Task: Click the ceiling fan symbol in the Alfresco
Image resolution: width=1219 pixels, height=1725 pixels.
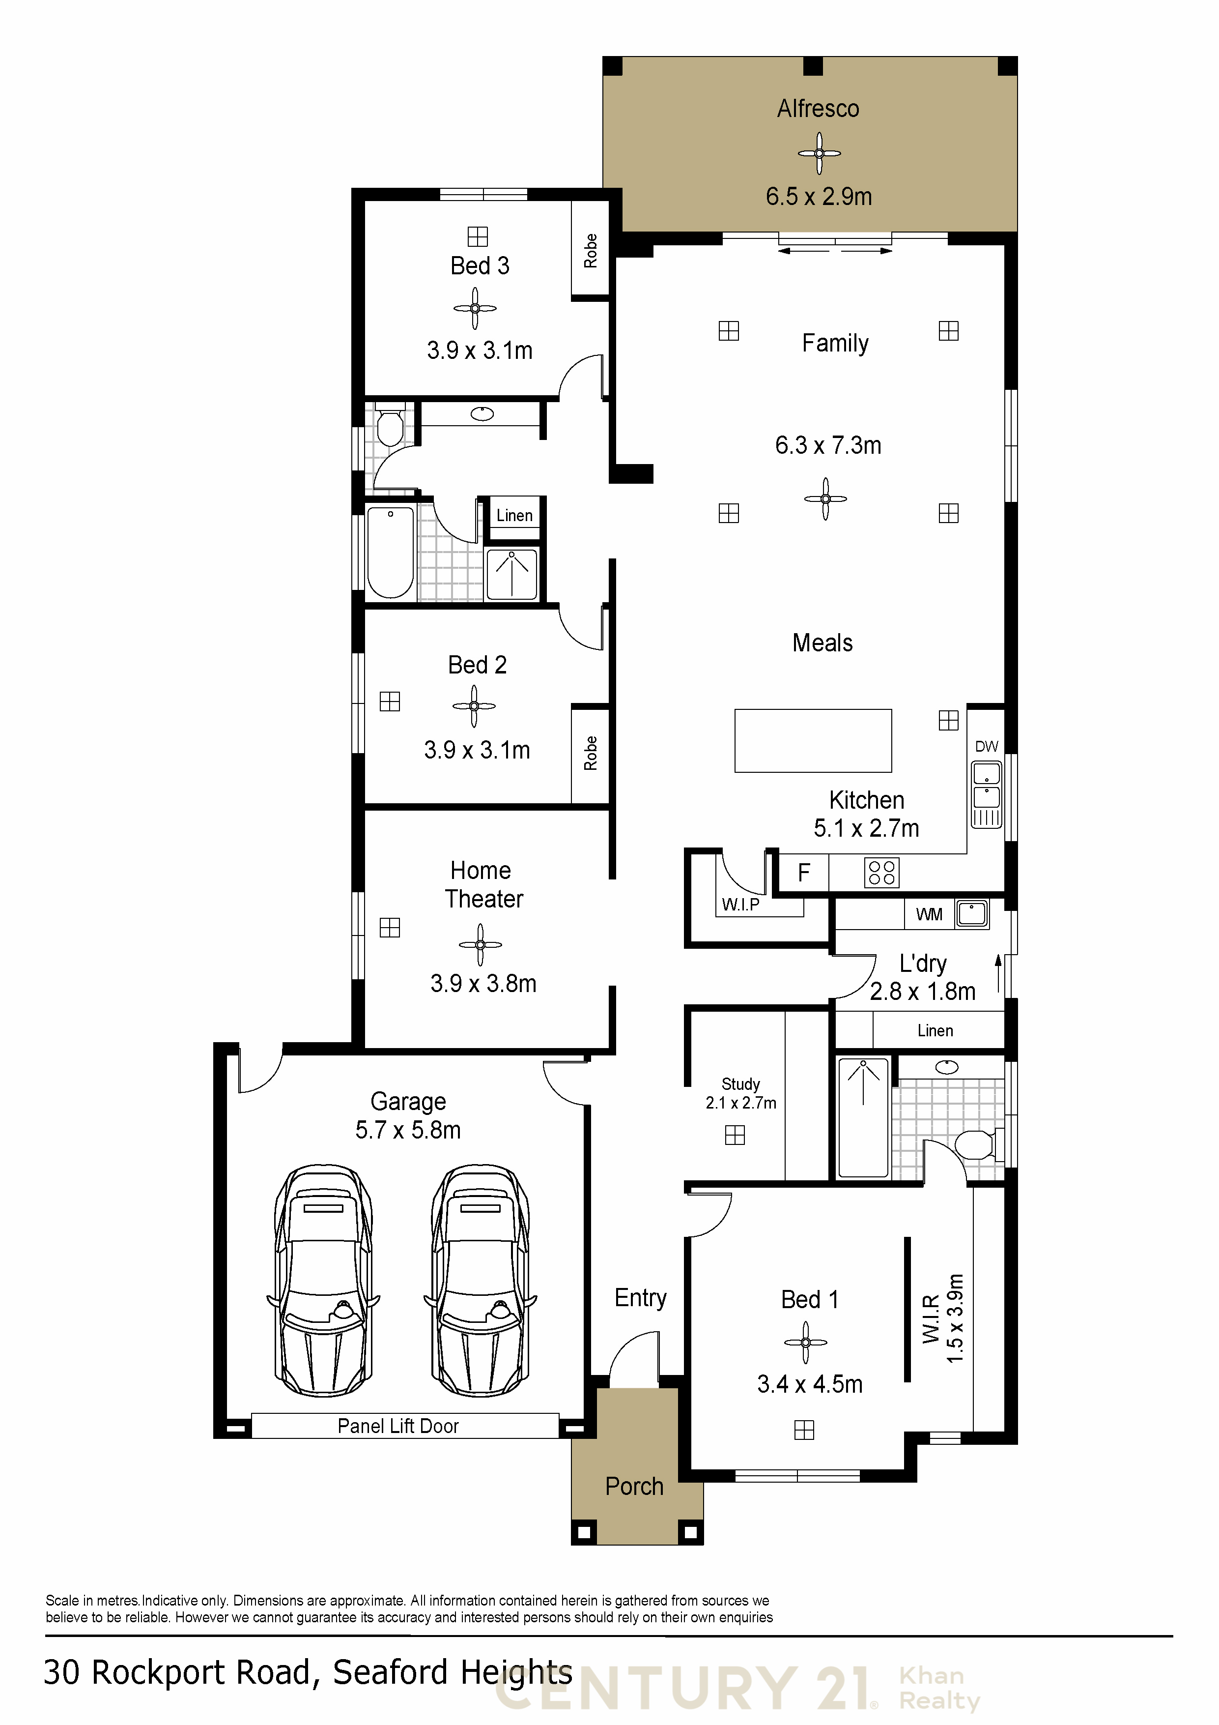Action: [819, 153]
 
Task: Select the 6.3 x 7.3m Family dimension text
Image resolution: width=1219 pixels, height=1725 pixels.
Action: [828, 445]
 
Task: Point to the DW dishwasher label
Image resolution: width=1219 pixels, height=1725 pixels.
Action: [986, 746]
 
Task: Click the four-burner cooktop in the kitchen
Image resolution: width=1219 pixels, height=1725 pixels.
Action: [881, 873]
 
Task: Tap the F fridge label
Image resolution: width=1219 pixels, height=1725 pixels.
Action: [804, 872]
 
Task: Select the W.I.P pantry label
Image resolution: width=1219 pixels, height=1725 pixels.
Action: [740, 905]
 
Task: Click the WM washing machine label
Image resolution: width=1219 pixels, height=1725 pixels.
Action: [929, 914]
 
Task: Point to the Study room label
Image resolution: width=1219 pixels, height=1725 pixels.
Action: [740, 1083]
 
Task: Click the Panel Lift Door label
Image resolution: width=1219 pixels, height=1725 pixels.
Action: [398, 1426]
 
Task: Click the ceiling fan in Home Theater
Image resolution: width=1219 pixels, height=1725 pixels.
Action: [480, 944]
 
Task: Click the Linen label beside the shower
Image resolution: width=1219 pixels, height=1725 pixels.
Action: [514, 515]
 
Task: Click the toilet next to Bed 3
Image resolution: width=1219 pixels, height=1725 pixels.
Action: [390, 426]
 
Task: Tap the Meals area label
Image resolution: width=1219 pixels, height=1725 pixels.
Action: [822, 643]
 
